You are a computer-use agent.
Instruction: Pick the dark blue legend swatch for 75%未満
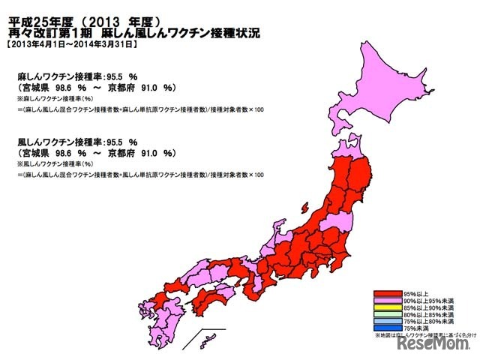[x=388, y=328]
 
